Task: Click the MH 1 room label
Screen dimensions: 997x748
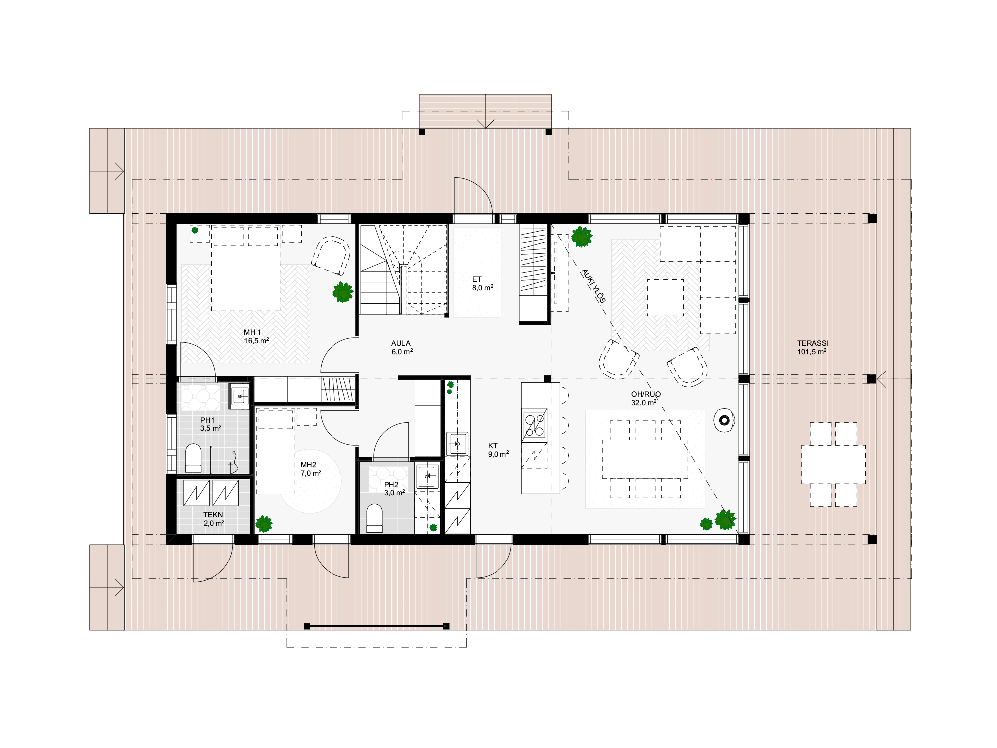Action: pos(252,332)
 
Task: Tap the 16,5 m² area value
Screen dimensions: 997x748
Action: pos(256,341)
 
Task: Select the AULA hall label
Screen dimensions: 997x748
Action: pos(401,343)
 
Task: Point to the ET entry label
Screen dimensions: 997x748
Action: pos(477,279)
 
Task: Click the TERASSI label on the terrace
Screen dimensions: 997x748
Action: pos(813,343)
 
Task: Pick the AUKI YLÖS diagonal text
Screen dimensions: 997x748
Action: pos(593,286)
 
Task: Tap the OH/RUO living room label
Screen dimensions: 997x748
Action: pos(646,394)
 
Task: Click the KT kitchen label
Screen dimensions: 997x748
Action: pos(493,446)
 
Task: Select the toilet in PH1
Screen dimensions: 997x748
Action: pos(193,458)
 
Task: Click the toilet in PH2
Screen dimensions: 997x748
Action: pos(374,519)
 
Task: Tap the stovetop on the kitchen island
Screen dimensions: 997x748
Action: pos(534,425)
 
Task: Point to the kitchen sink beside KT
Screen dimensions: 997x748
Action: pos(457,443)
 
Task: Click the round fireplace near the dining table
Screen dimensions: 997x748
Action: pos(724,421)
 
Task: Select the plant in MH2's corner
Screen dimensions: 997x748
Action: pos(264,524)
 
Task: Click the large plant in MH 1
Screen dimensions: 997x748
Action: pos(343,292)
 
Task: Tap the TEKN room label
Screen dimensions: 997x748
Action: pos(213,515)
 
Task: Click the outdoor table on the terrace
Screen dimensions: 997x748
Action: pos(833,464)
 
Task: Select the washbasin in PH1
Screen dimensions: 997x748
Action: pos(240,396)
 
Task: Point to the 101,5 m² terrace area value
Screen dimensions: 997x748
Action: pos(812,352)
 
